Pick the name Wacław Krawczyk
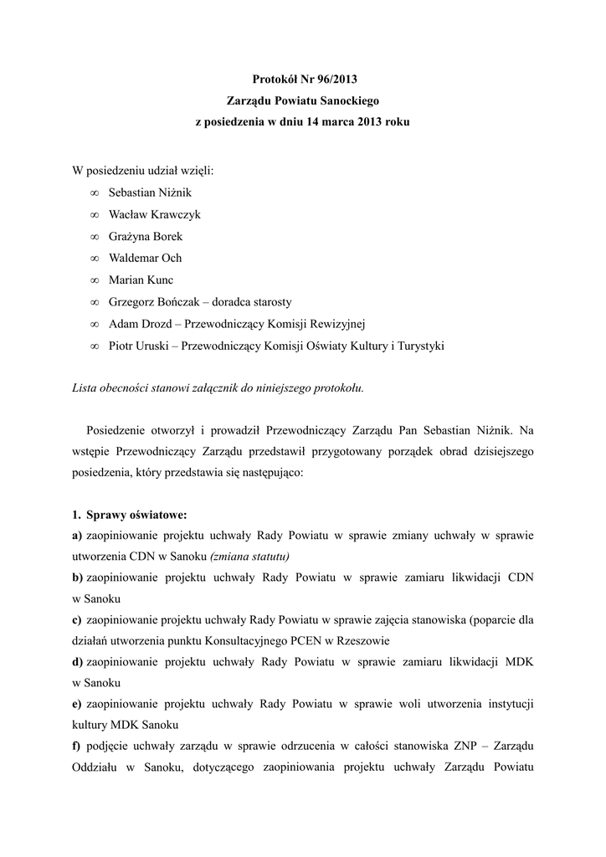[155, 214]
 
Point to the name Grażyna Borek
[146, 236]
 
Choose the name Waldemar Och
[145, 258]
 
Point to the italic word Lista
[86, 388]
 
